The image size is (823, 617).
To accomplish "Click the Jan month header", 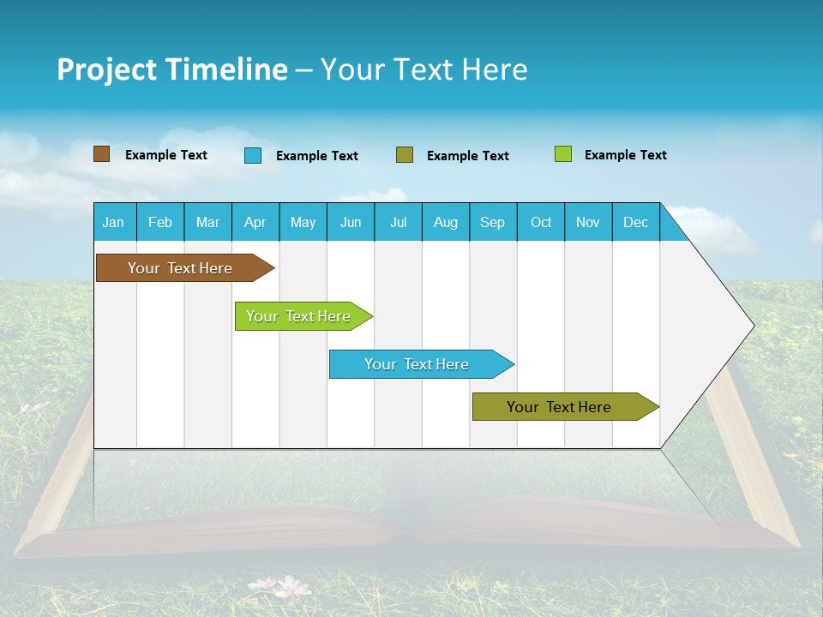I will pyautogui.click(x=114, y=222).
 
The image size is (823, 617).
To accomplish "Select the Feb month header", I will pyautogui.click(x=160, y=222).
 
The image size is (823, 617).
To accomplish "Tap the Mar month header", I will pyautogui.click(x=207, y=222).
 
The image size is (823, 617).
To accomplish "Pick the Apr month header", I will pyautogui.click(x=255, y=222).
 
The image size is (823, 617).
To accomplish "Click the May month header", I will pyautogui.click(x=303, y=222).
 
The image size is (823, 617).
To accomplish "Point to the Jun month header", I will pyautogui.click(x=351, y=222).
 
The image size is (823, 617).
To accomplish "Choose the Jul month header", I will pyautogui.click(x=398, y=222).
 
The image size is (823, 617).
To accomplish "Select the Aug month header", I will pyautogui.click(x=446, y=222).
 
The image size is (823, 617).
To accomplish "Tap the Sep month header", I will pyautogui.click(x=493, y=222).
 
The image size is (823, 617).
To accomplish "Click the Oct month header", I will pyautogui.click(x=541, y=222).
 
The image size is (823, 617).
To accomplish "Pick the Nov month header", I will pyautogui.click(x=588, y=222).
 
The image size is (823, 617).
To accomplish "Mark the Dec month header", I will pyautogui.click(x=636, y=222).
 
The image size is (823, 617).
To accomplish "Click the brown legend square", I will pyautogui.click(x=102, y=154).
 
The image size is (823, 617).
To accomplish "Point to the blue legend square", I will pyautogui.click(x=253, y=155).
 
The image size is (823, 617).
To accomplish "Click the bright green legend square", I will pyautogui.click(x=563, y=154).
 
